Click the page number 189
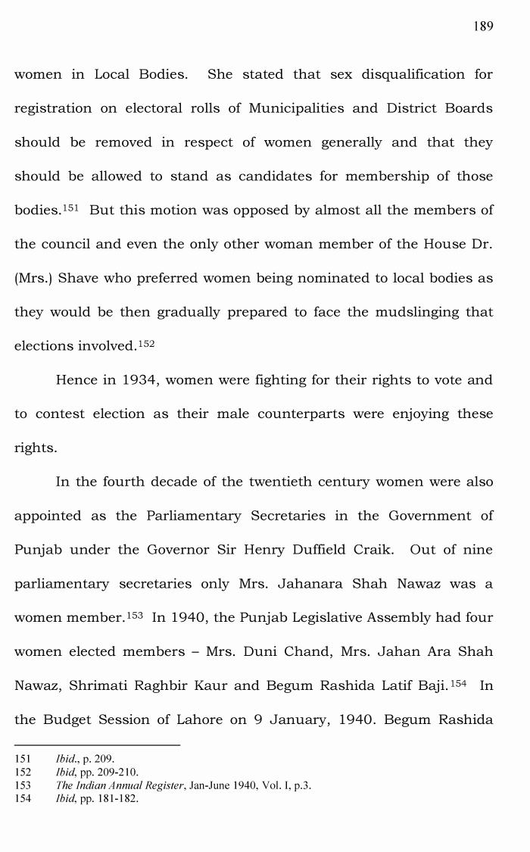point(483,27)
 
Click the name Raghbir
point(165,685)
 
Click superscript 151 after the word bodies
point(69,207)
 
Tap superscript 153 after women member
point(135,614)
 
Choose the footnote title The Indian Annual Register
point(120,785)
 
